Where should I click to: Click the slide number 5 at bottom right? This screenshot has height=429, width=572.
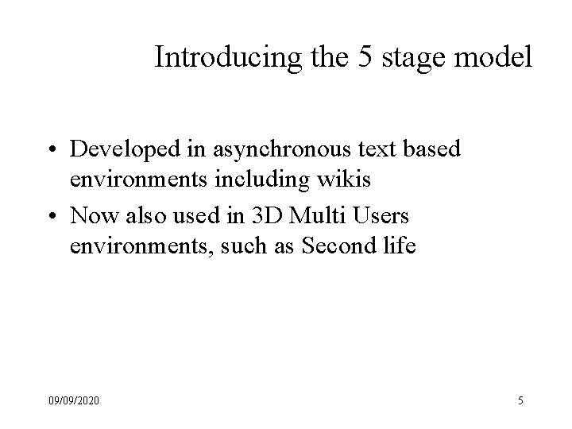point(520,401)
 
